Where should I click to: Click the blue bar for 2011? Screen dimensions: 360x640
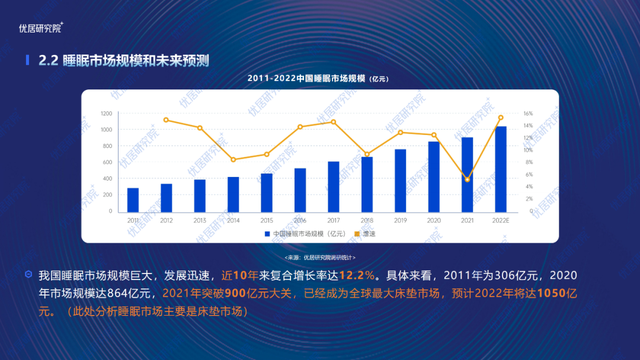[x=133, y=199]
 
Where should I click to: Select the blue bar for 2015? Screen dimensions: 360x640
[x=266, y=192]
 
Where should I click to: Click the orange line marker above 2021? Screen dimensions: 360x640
[x=467, y=179]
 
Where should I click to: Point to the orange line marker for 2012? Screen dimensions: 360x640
[x=166, y=120]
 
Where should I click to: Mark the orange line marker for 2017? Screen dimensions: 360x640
[x=333, y=122]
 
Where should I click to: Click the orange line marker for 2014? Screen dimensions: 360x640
[x=233, y=159]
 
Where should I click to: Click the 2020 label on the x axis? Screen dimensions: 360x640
[x=433, y=220]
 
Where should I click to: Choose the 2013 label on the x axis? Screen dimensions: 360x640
[x=200, y=220]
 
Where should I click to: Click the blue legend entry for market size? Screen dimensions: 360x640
[x=305, y=233]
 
